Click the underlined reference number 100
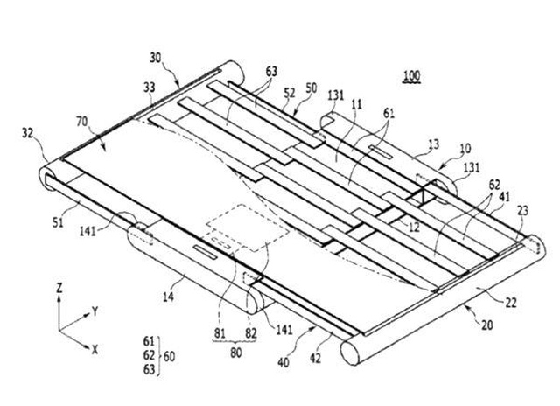pyautogui.click(x=412, y=76)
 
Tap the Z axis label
pyautogui.click(x=59, y=288)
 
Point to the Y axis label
pyautogui.click(x=95, y=311)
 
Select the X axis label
pyautogui.click(x=94, y=350)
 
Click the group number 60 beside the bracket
pyautogui.click(x=169, y=356)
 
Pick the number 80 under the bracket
pyautogui.click(x=235, y=353)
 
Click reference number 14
pyautogui.click(x=168, y=297)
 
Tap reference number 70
pyautogui.click(x=81, y=122)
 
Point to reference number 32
pyautogui.click(x=27, y=133)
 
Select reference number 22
pyautogui.click(x=511, y=303)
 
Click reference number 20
pyautogui.click(x=486, y=325)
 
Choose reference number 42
pyautogui.click(x=315, y=358)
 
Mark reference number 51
pyautogui.click(x=58, y=223)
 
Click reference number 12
pyautogui.click(x=414, y=227)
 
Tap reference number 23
pyautogui.click(x=522, y=211)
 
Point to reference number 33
pyautogui.click(x=149, y=87)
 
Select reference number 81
pyautogui.click(x=220, y=333)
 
